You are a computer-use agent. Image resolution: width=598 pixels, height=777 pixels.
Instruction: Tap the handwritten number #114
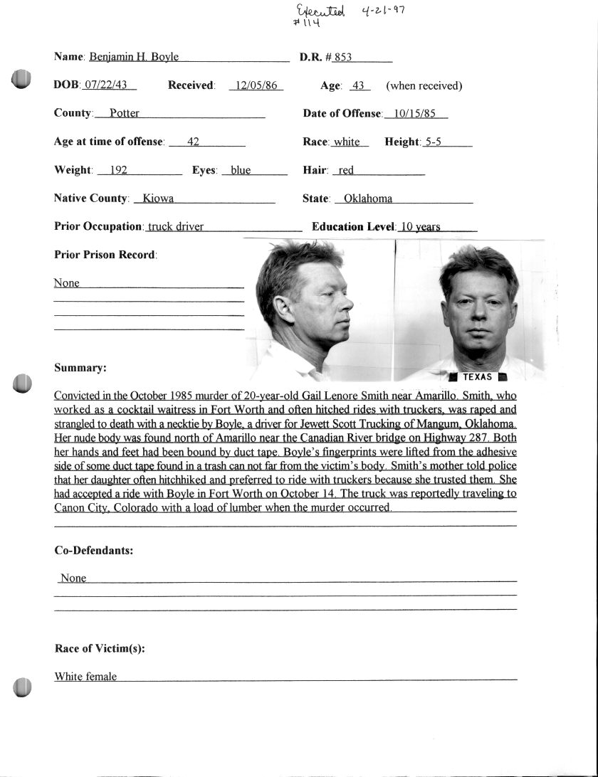pyautogui.click(x=306, y=23)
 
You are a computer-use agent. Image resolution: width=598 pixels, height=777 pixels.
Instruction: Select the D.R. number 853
pyautogui.click(x=343, y=57)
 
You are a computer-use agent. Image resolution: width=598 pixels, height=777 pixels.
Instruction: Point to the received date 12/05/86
pyautogui.click(x=256, y=85)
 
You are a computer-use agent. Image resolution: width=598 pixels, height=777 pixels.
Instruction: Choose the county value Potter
pyautogui.click(x=125, y=113)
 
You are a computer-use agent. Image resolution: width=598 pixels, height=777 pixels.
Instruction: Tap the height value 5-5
pyautogui.click(x=433, y=142)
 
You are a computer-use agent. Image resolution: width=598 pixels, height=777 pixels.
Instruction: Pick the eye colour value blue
pyautogui.click(x=241, y=170)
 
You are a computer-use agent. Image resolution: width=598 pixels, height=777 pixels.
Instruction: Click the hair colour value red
pyautogui.click(x=347, y=170)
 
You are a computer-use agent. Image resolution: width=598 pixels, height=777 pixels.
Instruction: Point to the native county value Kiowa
pyautogui.click(x=159, y=199)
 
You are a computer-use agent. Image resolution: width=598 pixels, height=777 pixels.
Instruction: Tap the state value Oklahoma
pyautogui.click(x=368, y=199)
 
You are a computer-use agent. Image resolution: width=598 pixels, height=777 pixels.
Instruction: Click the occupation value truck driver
pyautogui.click(x=176, y=227)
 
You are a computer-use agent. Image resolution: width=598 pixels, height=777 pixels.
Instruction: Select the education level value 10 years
pyautogui.click(x=420, y=227)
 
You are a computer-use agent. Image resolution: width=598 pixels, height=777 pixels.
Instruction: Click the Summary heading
pyautogui.click(x=80, y=368)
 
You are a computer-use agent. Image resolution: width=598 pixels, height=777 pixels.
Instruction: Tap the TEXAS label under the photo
pyautogui.click(x=477, y=377)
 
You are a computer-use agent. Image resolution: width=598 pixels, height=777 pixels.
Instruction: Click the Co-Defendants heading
pyautogui.click(x=94, y=550)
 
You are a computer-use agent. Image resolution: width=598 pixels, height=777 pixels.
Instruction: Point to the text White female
pyautogui.click(x=85, y=677)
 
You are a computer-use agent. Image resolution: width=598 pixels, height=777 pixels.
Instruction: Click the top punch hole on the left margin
pyautogui.click(x=22, y=79)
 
